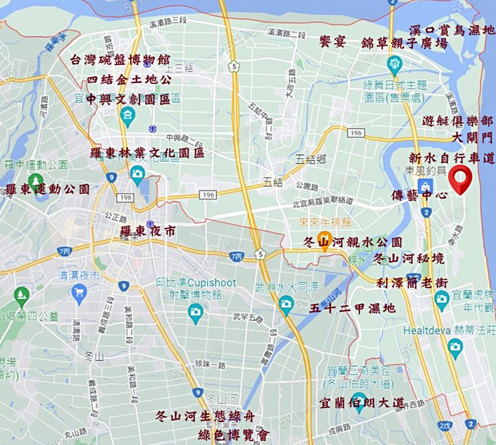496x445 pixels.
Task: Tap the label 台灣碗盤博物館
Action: [x=120, y=60]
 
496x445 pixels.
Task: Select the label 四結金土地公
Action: [x=129, y=80]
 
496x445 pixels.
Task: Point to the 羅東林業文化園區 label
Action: [x=147, y=152]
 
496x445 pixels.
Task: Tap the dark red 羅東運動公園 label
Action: [x=47, y=189]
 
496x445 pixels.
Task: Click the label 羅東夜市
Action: [x=148, y=231]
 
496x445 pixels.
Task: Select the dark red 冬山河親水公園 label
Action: [x=353, y=242]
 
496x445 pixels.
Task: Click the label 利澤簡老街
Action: [x=412, y=283]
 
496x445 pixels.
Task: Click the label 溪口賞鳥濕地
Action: [x=451, y=30]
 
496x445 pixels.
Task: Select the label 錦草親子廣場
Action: [x=405, y=43]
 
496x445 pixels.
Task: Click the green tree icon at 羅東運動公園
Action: [x=36, y=180]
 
